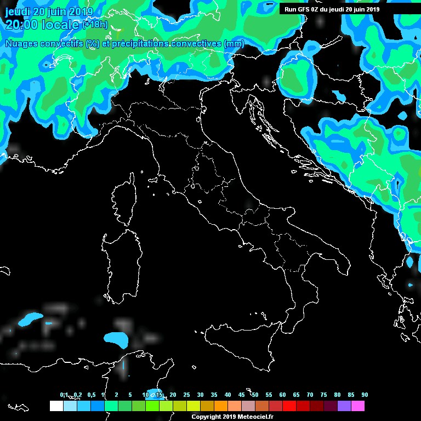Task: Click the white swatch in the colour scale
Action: [56, 406]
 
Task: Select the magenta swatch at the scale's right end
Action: [358, 406]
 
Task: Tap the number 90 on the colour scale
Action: [365, 395]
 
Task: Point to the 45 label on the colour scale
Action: [241, 395]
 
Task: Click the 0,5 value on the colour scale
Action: [91, 395]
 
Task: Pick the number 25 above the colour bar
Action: [186, 395]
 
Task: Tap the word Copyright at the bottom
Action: [207, 417]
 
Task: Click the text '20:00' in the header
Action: [20, 24]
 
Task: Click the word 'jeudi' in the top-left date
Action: [17, 11]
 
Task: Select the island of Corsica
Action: [125, 200]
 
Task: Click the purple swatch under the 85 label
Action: [344, 406]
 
